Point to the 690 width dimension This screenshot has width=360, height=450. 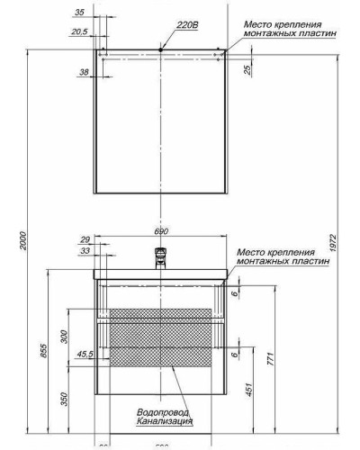(162, 231)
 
